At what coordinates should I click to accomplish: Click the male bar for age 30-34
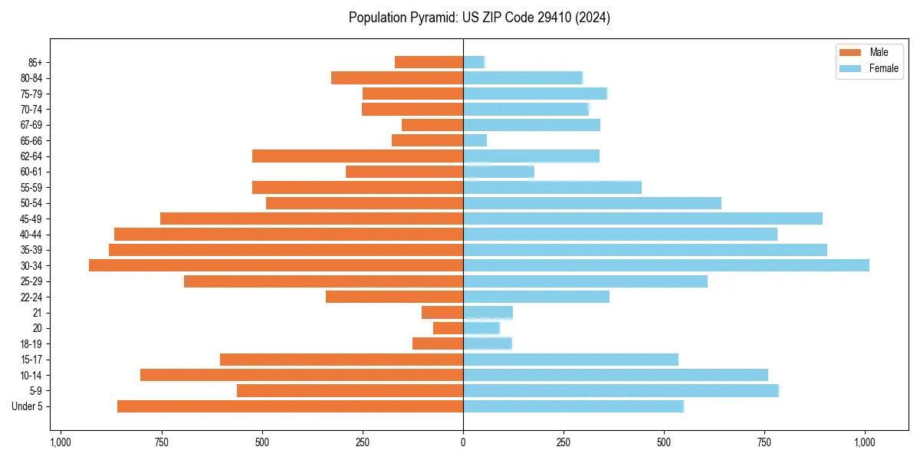coord(276,265)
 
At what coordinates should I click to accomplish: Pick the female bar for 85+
coord(474,62)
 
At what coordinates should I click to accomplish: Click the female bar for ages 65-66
coord(475,140)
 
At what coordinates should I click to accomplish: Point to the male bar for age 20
coord(449,328)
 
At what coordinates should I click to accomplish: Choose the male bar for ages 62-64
coord(357,156)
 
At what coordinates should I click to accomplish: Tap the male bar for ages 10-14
coord(301,375)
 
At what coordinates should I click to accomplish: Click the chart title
coord(479,18)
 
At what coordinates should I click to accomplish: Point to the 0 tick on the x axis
coord(463,442)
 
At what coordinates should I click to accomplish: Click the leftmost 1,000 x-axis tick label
coord(61,442)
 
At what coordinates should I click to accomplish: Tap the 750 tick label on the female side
coord(764,442)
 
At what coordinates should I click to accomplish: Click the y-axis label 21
coord(38,313)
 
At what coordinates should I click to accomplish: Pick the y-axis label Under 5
coord(28,406)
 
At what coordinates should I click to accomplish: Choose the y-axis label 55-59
coord(31,187)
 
